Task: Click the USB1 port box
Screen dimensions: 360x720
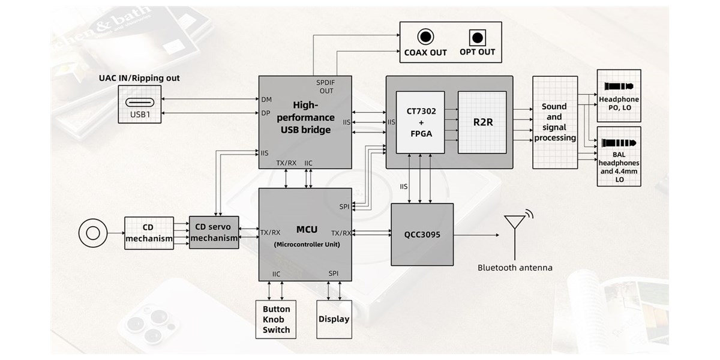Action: tap(140, 104)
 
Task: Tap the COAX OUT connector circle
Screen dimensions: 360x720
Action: tap(426, 37)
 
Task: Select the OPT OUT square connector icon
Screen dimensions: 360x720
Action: tap(478, 38)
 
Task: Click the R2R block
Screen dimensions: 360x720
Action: tap(482, 122)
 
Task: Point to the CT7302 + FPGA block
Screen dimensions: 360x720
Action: tap(421, 122)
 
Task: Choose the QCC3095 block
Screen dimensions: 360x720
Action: tap(423, 235)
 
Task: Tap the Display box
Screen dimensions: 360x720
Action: tap(334, 319)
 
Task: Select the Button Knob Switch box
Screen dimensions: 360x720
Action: tap(276, 319)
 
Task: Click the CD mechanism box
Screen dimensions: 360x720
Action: tap(149, 233)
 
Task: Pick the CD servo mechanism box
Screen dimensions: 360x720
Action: tap(214, 233)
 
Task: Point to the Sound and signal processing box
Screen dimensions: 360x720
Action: tap(555, 122)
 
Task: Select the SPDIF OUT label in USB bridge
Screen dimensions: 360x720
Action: tap(327, 86)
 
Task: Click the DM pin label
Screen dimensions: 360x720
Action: tap(267, 99)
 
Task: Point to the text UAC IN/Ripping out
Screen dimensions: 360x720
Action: tap(139, 78)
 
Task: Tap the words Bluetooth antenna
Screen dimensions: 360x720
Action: tap(515, 268)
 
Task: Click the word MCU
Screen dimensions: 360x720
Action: tap(306, 229)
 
